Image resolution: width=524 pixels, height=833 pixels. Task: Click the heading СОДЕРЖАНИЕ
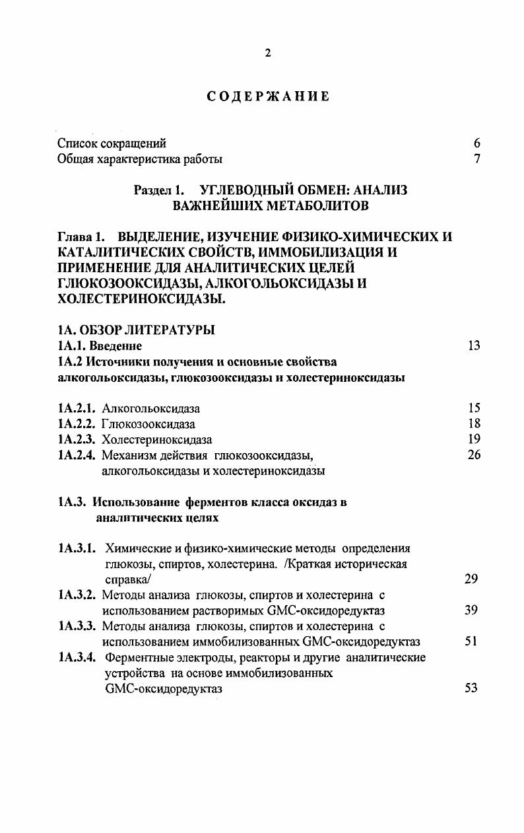pos(268,96)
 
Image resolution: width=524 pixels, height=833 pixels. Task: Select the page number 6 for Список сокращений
pos(476,143)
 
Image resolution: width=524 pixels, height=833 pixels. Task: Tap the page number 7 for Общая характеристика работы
pos(476,159)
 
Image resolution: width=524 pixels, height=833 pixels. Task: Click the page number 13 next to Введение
pos(473,345)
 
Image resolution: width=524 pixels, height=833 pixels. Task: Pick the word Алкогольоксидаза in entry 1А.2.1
pos(151,408)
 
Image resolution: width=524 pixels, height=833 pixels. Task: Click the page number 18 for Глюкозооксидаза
pos(473,424)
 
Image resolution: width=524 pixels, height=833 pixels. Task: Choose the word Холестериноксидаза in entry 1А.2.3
pos(157,440)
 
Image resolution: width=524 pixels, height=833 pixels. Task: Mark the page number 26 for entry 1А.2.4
pos(473,455)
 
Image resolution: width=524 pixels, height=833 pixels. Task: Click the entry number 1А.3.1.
pos(77,549)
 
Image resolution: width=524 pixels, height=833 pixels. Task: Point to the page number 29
pos(471,579)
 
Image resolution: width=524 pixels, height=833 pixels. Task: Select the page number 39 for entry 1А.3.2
pos(471,610)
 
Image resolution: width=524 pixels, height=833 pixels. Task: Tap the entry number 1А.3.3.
pos(77,626)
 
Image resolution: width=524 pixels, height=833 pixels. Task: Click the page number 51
pos(471,641)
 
